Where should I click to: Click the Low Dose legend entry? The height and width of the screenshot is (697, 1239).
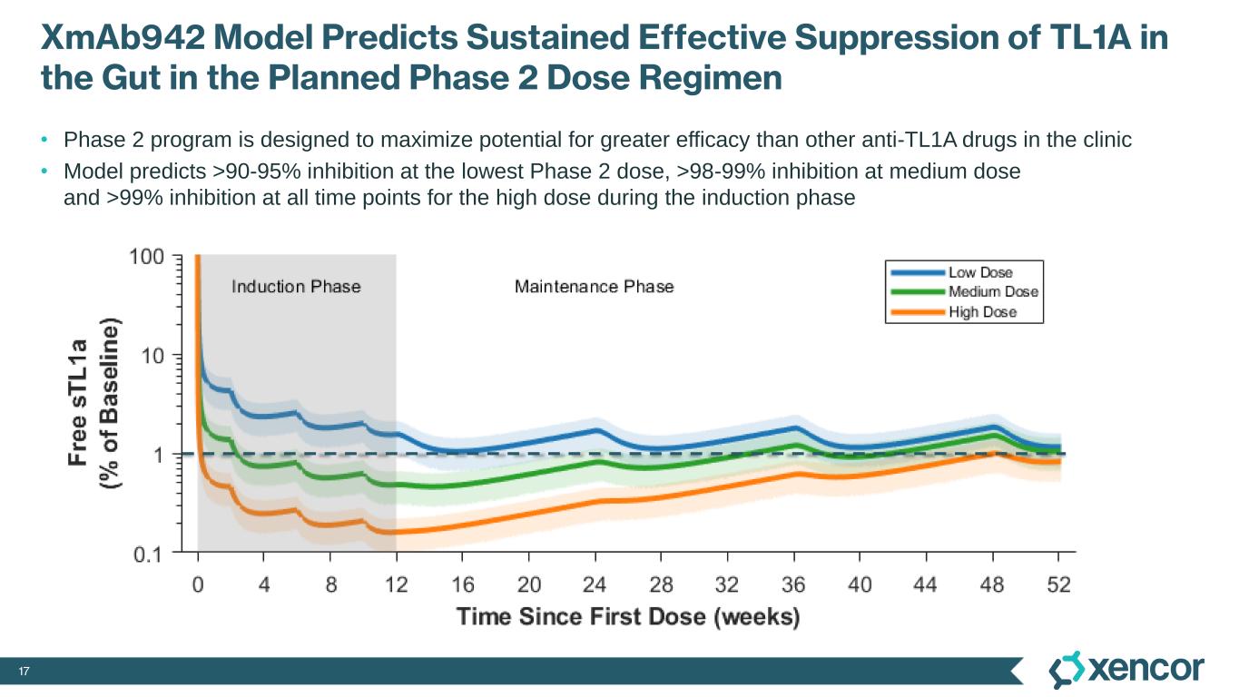pos(980,272)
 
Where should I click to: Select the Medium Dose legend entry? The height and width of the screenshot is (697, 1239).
pos(993,292)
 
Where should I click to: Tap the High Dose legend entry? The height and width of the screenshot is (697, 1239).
pos(982,312)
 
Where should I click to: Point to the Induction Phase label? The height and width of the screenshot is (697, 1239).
pos(296,287)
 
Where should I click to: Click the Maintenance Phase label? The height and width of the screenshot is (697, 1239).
pos(595,287)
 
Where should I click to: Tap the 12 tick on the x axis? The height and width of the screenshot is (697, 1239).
pos(396,584)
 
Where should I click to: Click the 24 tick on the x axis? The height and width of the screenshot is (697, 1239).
pos(595,584)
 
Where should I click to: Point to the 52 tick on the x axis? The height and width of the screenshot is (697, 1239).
pos(1057,584)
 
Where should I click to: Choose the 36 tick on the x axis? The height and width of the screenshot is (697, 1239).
pos(793,584)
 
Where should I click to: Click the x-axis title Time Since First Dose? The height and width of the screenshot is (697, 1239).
pos(627,617)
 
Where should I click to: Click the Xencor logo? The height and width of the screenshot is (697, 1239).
pos(1126,670)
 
